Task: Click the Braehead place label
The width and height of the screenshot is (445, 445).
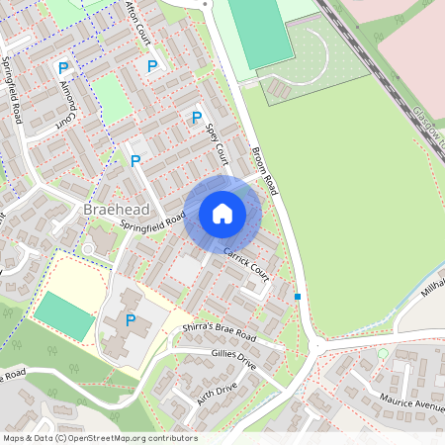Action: pyautogui.click(x=117, y=211)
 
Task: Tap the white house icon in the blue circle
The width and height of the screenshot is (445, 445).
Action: pyautogui.click(x=222, y=214)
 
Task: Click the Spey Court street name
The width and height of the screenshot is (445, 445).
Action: pyautogui.click(x=216, y=144)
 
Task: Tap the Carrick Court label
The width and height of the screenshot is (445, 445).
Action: pyautogui.click(x=246, y=262)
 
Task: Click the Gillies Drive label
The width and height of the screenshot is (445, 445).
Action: pyautogui.click(x=234, y=358)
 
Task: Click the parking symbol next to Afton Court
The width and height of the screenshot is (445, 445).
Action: pyautogui.click(x=152, y=66)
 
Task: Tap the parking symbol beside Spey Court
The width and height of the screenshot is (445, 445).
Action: pyautogui.click(x=197, y=118)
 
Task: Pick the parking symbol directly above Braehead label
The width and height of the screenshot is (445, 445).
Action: pyautogui.click(x=134, y=160)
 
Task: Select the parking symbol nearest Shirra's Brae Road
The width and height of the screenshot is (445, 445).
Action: pyautogui.click(x=131, y=319)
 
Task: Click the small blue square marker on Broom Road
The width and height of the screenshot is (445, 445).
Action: pyautogui.click(x=298, y=296)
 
